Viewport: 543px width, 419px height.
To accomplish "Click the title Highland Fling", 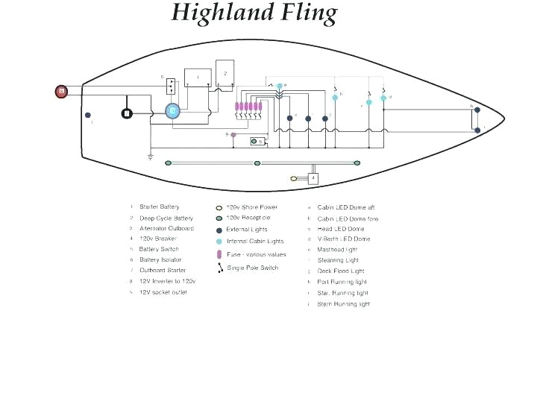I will click(x=254, y=13).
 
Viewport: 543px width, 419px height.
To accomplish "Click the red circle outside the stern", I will click(x=61, y=92).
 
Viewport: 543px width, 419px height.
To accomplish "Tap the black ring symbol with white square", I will click(x=127, y=113).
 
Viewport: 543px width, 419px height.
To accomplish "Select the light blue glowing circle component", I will click(x=172, y=111).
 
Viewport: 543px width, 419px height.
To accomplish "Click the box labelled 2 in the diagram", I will click(x=225, y=75).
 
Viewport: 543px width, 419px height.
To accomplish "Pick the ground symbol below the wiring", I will click(x=150, y=157).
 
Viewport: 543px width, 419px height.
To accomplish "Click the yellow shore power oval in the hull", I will click(x=294, y=178).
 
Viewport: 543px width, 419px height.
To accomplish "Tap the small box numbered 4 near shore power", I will click(x=313, y=178).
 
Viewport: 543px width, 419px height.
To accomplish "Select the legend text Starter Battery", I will click(x=159, y=207).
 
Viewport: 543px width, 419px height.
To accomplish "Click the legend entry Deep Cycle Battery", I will click(x=166, y=218).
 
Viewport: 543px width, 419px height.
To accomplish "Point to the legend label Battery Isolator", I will click(x=160, y=259).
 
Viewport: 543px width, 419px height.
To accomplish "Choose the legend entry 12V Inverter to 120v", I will click(x=167, y=281).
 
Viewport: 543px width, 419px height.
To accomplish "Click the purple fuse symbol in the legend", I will click(x=219, y=254).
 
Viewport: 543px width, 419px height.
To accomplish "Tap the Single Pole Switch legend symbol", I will click(x=219, y=268).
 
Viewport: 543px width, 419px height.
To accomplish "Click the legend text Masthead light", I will click(x=337, y=250).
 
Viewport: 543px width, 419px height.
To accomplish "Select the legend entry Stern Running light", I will click(x=343, y=304).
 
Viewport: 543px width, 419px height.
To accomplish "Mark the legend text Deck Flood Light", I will click(x=340, y=271).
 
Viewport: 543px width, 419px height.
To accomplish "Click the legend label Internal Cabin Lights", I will click(x=254, y=242).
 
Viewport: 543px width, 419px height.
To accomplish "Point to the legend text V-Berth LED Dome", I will click(x=343, y=239).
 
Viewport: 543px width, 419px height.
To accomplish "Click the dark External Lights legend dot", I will click(x=219, y=230).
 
